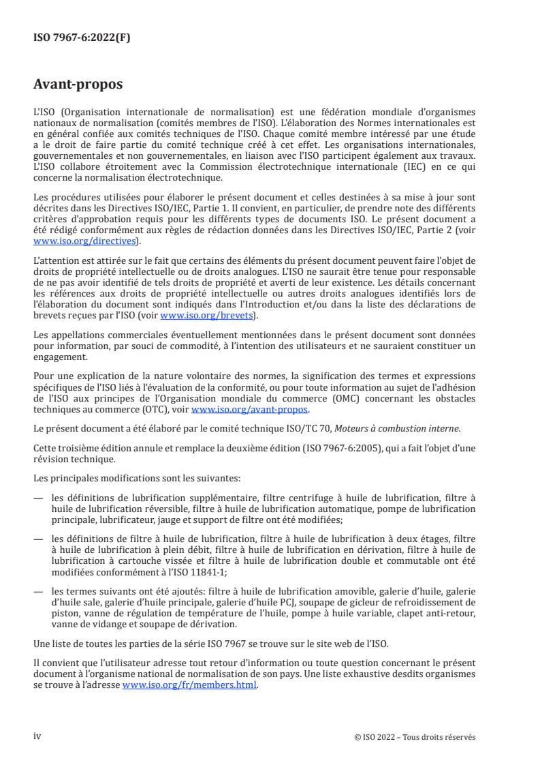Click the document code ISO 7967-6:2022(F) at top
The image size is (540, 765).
click(82, 38)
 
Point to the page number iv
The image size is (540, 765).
click(37, 736)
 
